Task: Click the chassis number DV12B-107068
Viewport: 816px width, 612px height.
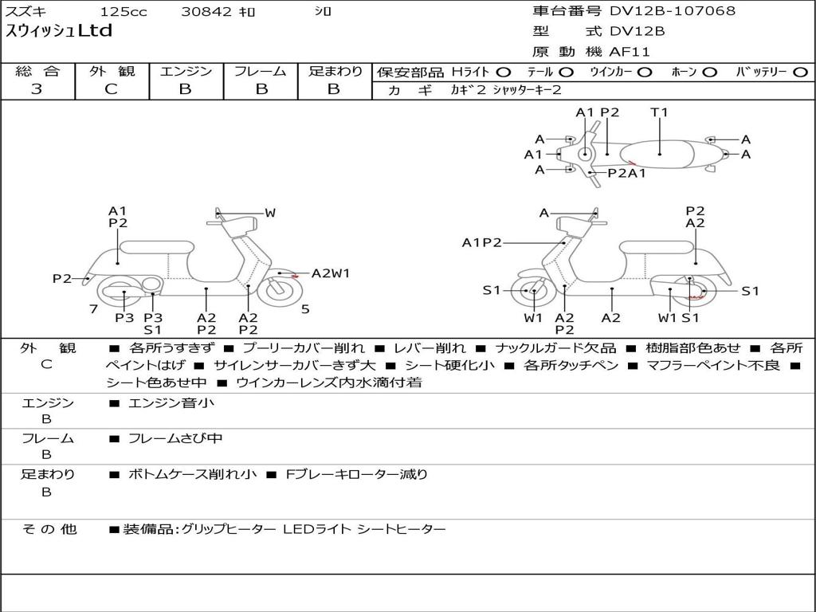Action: (x=673, y=11)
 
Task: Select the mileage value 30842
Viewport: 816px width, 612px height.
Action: (x=206, y=12)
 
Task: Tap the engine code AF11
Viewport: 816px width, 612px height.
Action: (x=630, y=52)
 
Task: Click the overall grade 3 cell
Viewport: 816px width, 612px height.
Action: (x=37, y=88)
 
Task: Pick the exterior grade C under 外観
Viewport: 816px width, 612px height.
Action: (x=111, y=88)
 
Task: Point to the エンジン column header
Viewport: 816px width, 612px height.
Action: (x=186, y=71)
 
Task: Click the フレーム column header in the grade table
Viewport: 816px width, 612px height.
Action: (x=260, y=71)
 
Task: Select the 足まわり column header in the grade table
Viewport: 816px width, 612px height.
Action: (x=335, y=71)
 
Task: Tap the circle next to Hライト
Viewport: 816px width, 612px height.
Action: (x=504, y=73)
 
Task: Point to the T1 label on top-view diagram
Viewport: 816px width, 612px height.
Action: (x=659, y=112)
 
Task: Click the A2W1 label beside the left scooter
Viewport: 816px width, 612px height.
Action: (x=331, y=273)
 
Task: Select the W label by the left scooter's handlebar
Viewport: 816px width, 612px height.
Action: (x=270, y=213)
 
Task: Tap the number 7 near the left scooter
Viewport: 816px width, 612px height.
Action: (x=93, y=309)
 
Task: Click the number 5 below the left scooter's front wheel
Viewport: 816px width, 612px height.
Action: (x=305, y=309)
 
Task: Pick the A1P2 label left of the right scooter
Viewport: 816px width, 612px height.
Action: (x=481, y=242)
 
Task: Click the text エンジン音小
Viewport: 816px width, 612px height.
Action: (x=171, y=403)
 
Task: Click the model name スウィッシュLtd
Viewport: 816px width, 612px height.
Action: (x=59, y=32)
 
